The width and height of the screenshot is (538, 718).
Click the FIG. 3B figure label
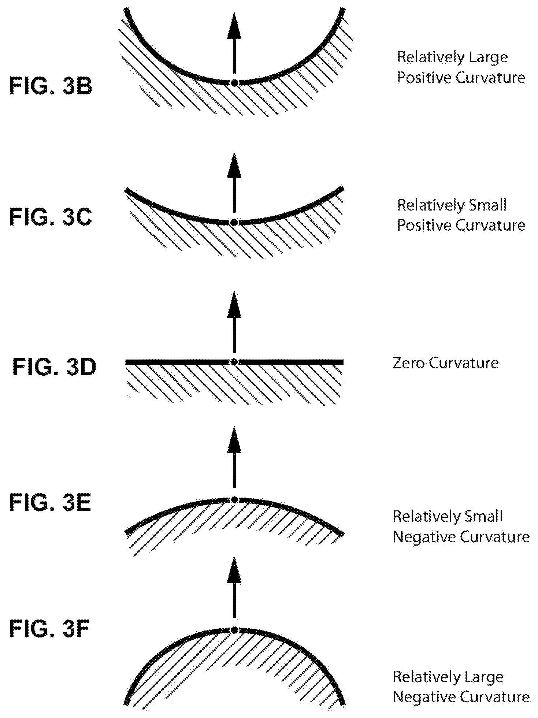(51, 87)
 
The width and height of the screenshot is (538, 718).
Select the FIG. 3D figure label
(54, 367)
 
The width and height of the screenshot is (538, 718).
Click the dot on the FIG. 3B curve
(234, 83)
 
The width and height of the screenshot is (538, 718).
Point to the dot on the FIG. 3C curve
(234, 222)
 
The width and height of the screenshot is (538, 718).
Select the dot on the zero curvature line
(234, 362)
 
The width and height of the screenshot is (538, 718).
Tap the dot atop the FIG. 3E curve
(234, 499)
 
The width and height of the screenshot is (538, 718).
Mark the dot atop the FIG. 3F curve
(234, 630)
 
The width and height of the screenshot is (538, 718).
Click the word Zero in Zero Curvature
(408, 363)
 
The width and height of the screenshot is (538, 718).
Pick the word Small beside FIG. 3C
(489, 205)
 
